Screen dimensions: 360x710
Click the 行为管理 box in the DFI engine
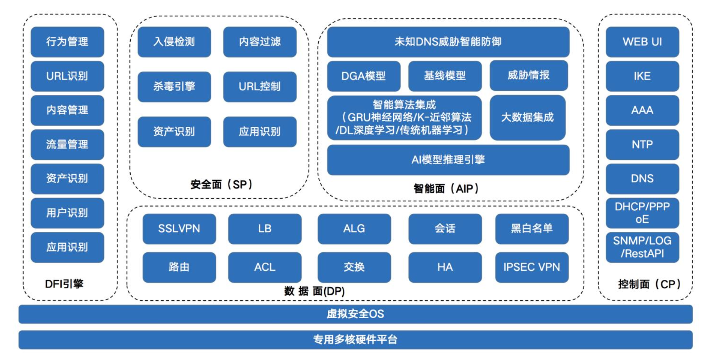coord(67,42)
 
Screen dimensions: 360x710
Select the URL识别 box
coord(67,76)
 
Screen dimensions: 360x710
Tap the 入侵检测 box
coord(174,42)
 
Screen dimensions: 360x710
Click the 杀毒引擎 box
coord(174,86)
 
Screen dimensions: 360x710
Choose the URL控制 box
coord(260,86)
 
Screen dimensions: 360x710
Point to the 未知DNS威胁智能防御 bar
coord(448,42)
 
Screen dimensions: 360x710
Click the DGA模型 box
coord(364,76)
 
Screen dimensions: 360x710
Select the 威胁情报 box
coord(528,75)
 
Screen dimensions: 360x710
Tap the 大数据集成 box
coord(528,118)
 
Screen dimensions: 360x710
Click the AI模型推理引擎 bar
coord(448,160)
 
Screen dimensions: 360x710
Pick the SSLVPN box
coord(179,228)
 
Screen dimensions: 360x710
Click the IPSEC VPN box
coord(532,267)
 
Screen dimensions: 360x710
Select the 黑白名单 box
coord(532,228)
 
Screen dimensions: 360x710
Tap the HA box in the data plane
coord(445,267)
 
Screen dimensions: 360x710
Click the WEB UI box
coord(642,42)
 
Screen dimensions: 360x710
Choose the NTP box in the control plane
coord(642,145)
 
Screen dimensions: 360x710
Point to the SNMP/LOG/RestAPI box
coord(642,247)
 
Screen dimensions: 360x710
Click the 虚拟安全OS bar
coord(355,314)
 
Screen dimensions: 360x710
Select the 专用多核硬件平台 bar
coord(355,339)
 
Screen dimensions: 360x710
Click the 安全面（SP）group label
coord(221,185)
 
